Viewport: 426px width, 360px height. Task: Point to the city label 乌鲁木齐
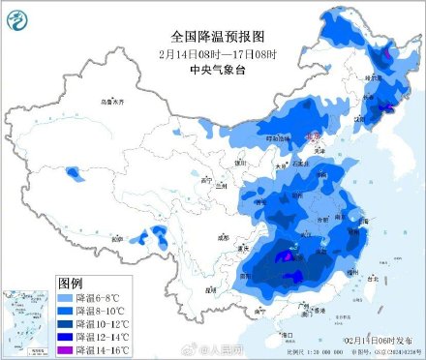click(x=114, y=102)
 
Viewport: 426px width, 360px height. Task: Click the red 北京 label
click(x=314, y=139)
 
